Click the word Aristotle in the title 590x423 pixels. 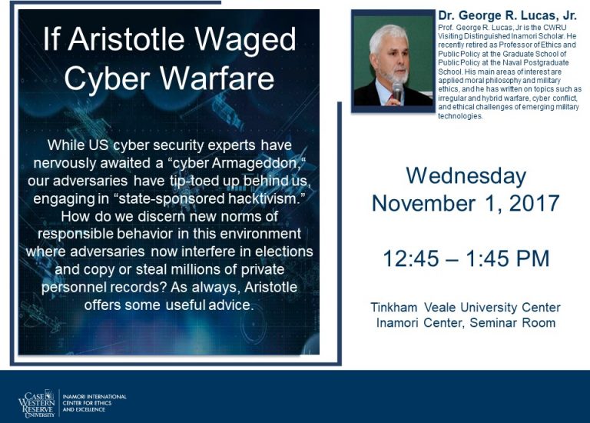[127, 38]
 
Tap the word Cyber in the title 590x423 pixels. [108, 78]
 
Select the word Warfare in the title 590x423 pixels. [217, 78]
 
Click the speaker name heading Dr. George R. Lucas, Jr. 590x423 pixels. [507, 15]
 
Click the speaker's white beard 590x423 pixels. [398, 75]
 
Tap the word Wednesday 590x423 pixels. [466, 176]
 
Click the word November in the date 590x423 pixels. [423, 203]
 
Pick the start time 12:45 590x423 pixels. [411, 258]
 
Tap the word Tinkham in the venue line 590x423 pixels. [394, 308]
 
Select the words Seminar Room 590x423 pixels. [513, 323]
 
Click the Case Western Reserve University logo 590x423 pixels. [37, 404]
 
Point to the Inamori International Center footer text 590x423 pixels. [94, 403]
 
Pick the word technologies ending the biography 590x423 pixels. [460, 116]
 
